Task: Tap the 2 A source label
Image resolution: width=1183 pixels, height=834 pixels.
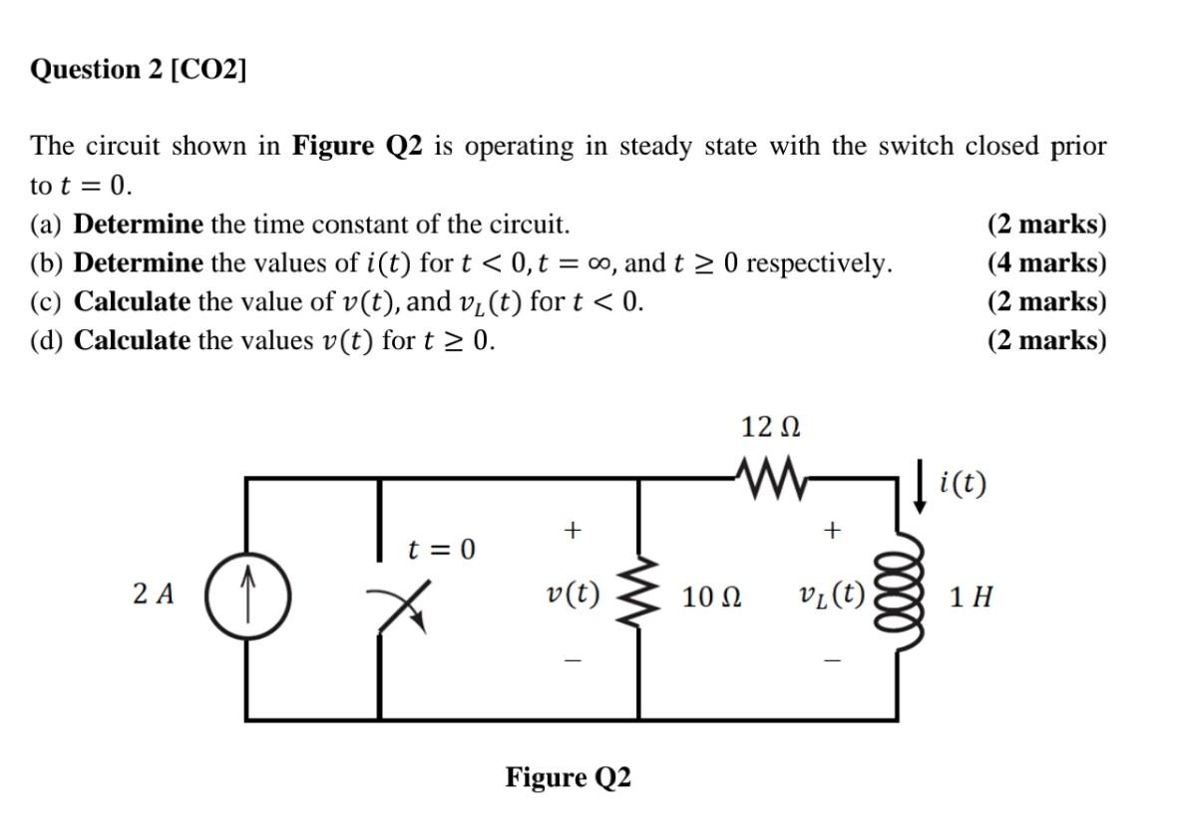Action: click(153, 596)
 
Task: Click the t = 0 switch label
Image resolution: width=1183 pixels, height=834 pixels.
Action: click(441, 550)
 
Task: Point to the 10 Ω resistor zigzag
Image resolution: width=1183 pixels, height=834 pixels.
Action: click(639, 597)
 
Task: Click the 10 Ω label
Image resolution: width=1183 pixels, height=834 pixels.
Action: click(711, 598)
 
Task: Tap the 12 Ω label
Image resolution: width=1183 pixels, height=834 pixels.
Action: click(770, 428)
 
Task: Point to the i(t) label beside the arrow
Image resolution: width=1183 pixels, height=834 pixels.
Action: click(963, 484)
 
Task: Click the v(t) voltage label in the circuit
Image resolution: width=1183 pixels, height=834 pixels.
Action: click(573, 595)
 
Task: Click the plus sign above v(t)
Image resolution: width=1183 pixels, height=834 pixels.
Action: click(572, 531)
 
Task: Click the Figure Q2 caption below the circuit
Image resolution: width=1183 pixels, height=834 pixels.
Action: click(568, 777)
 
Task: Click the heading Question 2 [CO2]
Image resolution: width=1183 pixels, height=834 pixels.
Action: click(139, 70)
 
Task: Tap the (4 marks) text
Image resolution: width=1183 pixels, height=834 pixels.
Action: click(1046, 263)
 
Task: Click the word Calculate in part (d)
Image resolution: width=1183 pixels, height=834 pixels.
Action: click(132, 340)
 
